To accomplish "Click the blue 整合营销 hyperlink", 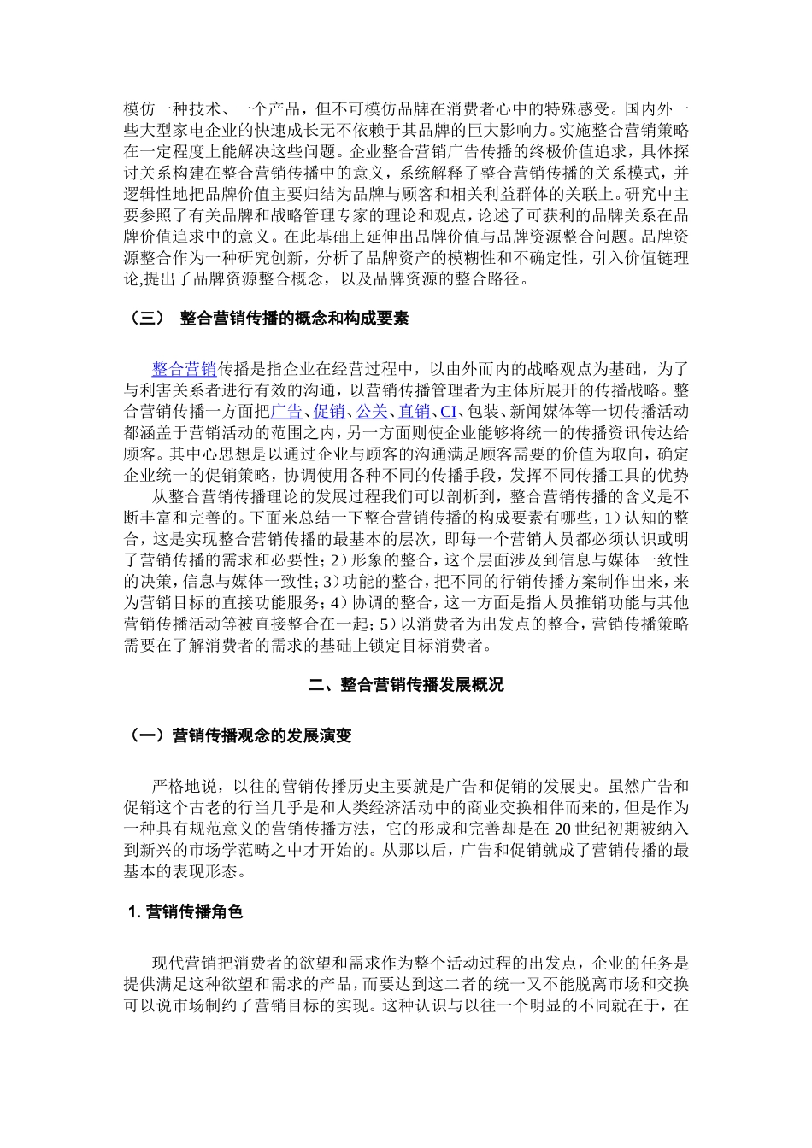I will coord(184,369).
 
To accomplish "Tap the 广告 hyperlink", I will coord(286,412).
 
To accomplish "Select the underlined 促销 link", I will coord(329,412).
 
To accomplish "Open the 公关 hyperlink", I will coord(372,412).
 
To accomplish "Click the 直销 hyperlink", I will coord(415,412).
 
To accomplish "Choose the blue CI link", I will coord(448,412).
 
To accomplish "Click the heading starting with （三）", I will coord(268,319).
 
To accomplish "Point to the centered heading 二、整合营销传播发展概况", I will coord(405,685).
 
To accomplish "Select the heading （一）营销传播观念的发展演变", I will coord(239,735).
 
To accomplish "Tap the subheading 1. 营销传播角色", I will coord(185,912).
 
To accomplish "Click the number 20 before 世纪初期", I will coord(562,829).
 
